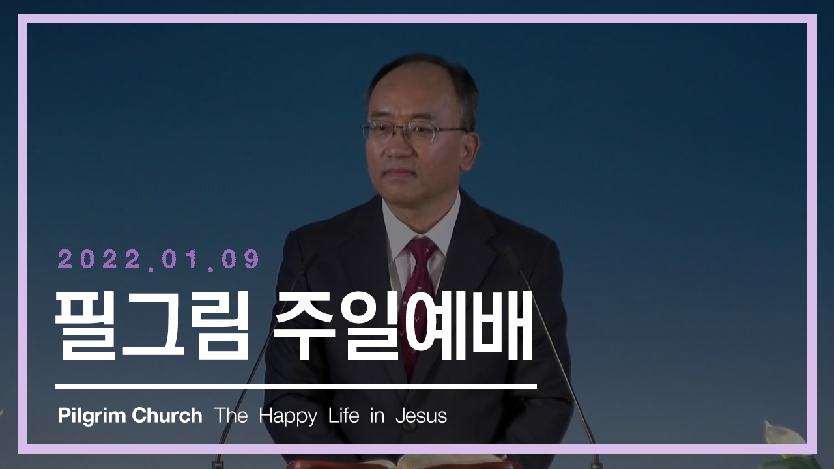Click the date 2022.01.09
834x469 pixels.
[158, 259]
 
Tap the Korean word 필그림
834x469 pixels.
[152, 326]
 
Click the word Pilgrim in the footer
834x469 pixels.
[92, 416]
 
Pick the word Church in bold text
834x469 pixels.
[167, 416]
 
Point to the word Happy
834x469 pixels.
[288, 416]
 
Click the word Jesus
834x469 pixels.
[421, 416]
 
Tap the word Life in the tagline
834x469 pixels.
[343, 416]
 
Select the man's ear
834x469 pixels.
[470, 150]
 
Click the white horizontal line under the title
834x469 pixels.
[296, 387]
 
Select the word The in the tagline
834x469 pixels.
[231, 416]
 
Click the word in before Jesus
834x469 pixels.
[377, 416]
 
